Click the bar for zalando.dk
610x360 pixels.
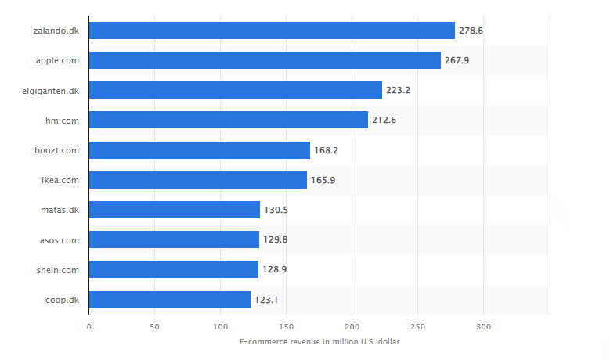point(272,31)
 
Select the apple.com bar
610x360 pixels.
point(265,60)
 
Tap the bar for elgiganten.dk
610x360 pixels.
point(236,90)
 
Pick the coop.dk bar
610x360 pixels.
point(170,299)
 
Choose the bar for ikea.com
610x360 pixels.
point(198,180)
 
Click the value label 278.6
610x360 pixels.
point(471,31)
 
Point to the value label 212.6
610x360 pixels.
point(384,120)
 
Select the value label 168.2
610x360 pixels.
point(326,150)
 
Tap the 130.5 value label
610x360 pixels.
point(276,210)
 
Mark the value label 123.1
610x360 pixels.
point(266,299)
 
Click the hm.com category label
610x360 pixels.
point(63,120)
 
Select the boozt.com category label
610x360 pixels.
point(57,150)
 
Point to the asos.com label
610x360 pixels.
point(60,239)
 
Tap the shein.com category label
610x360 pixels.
point(59,269)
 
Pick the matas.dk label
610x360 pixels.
point(60,210)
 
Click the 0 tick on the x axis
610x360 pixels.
point(89,326)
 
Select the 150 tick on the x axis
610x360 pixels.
point(287,326)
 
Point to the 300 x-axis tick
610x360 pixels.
point(484,326)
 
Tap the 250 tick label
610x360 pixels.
point(418,326)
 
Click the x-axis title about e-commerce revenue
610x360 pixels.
point(319,341)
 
